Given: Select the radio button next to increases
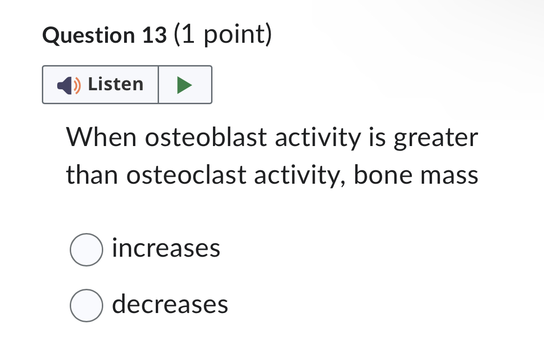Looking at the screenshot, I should (x=86, y=250).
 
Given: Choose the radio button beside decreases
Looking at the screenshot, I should (x=86, y=306).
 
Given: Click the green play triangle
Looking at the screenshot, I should (x=185, y=85).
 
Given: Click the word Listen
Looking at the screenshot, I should (x=116, y=84).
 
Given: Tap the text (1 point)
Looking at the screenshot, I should (x=222, y=35).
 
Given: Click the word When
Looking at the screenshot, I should (x=102, y=137).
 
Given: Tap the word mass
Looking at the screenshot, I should (x=450, y=176).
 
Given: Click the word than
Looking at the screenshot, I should (x=92, y=175).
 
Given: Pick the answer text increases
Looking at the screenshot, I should (x=166, y=248).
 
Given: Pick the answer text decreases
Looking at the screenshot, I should (x=170, y=304).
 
